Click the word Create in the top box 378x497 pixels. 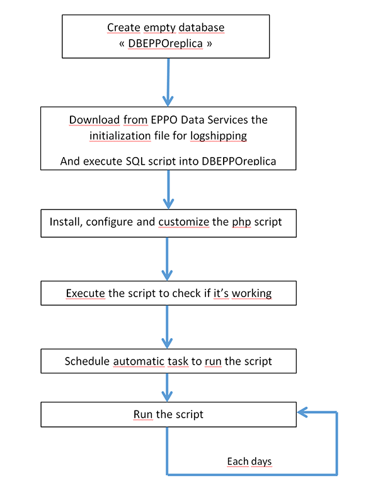pyautogui.click(x=123, y=28)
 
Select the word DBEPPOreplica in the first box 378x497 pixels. pyautogui.click(x=165, y=44)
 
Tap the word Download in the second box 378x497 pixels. pyautogui.click(x=94, y=120)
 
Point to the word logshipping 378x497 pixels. pyautogui.click(x=219, y=136)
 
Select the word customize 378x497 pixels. pyautogui.click(x=183, y=222)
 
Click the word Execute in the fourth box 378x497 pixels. pyautogui.click(x=86, y=293)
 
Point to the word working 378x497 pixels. pyautogui.click(x=251, y=294)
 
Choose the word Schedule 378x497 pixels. pyautogui.click(x=87, y=361)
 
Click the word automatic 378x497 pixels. pyautogui.click(x=139, y=361)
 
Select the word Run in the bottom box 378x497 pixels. pyautogui.click(x=143, y=414)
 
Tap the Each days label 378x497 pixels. pyautogui.click(x=249, y=462)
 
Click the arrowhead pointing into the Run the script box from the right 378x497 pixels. pyautogui.click(x=302, y=412)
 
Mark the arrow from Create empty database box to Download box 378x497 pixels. pyautogui.click(x=168, y=83)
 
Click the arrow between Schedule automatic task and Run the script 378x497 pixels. pyautogui.click(x=167, y=388)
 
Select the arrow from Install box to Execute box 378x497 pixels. pyautogui.click(x=167, y=259)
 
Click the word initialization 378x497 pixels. pyautogui.click(x=120, y=136)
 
